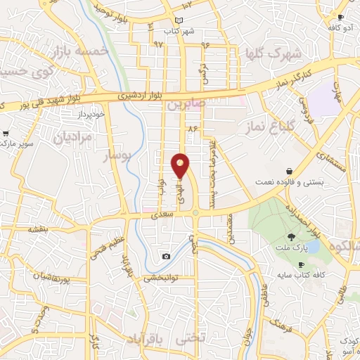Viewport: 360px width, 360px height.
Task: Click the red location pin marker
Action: click(x=181, y=166)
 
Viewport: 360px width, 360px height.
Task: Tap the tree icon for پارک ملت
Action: click(x=292, y=236)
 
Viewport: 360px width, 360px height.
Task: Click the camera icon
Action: click(x=166, y=257)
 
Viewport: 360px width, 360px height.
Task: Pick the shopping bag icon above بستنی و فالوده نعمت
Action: click(x=290, y=172)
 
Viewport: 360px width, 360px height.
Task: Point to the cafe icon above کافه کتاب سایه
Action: click(x=301, y=264)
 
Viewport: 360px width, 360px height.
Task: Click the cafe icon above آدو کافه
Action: click(x=340, y=17)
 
